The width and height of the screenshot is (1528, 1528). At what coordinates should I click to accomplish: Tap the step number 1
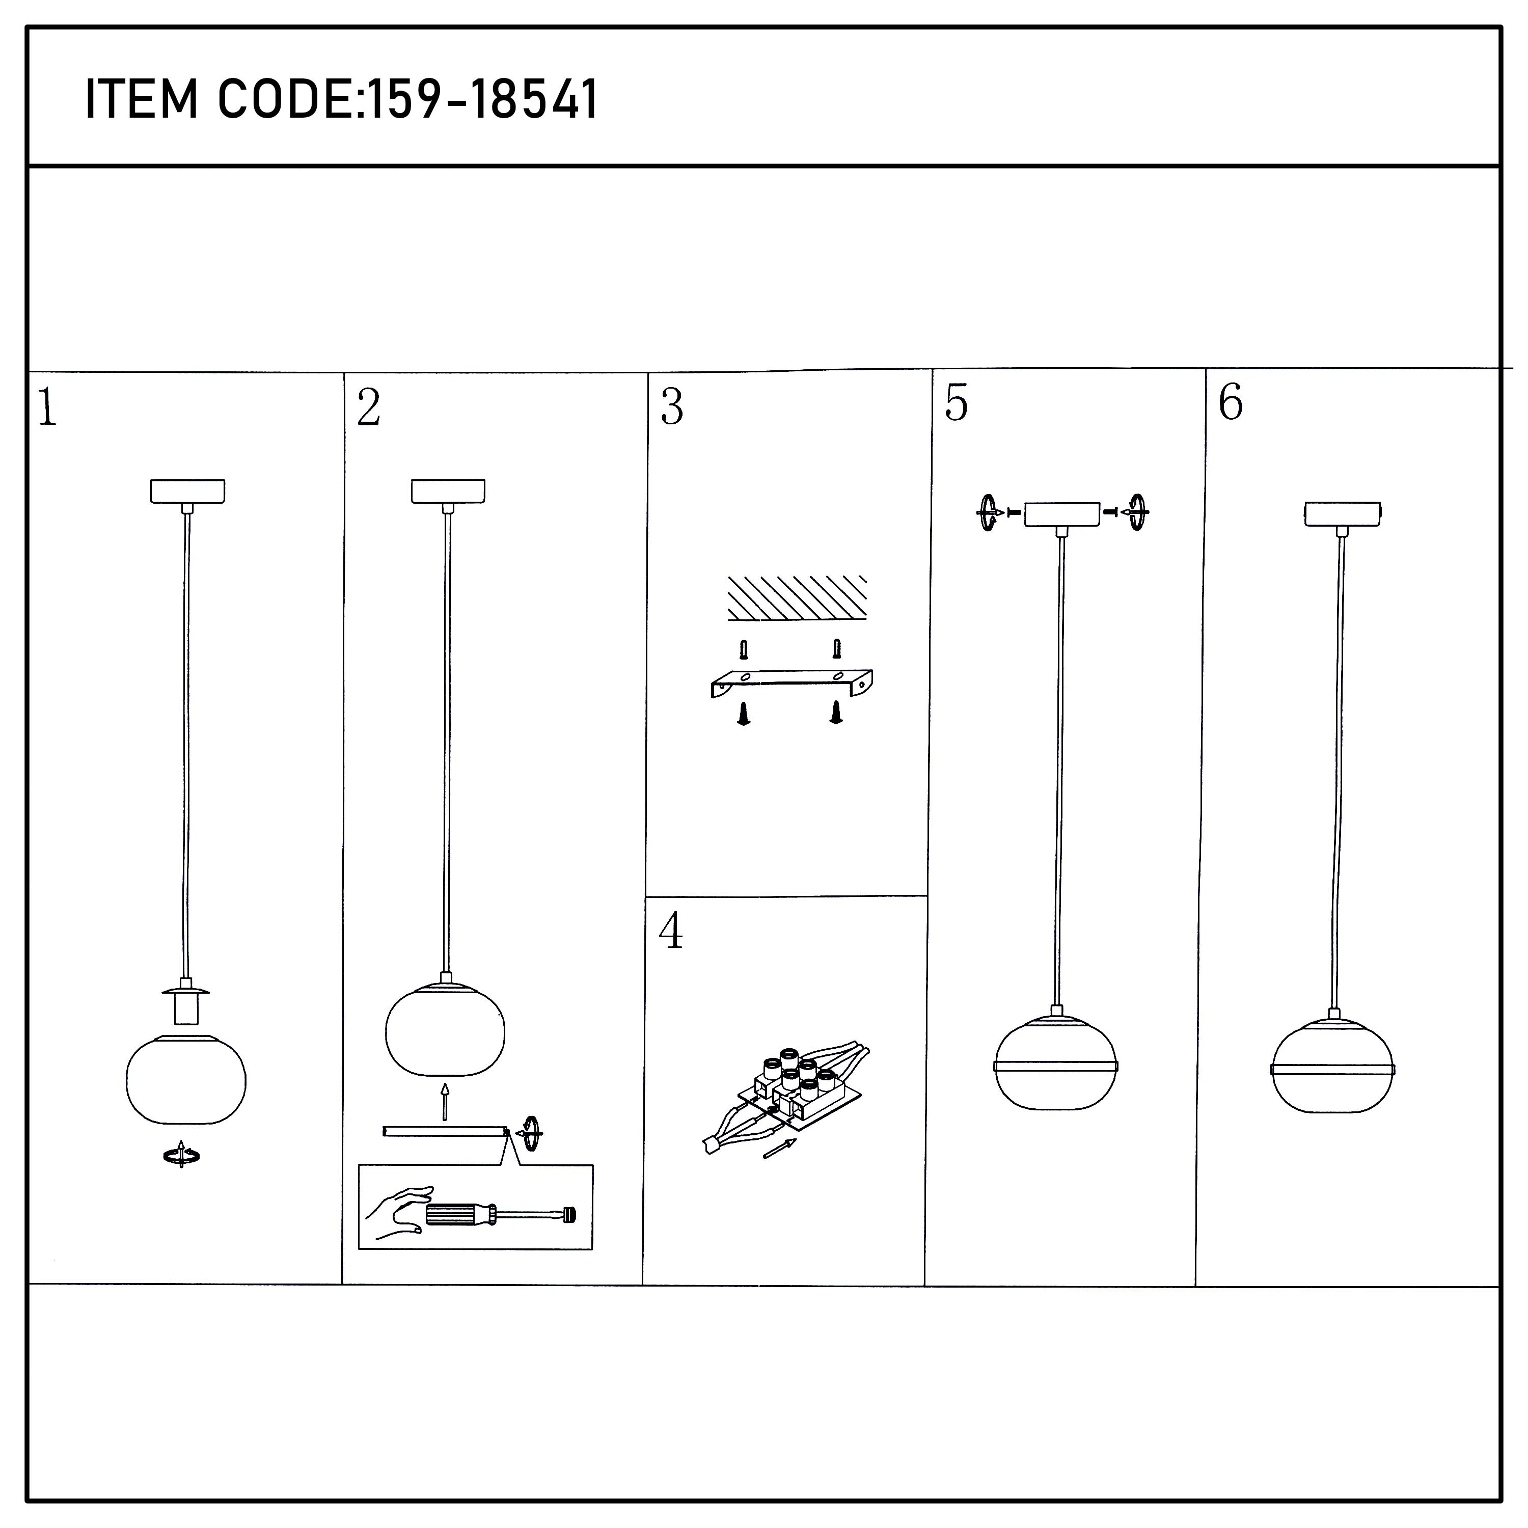coord(47,408)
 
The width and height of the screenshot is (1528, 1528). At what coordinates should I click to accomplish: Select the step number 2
coord(369,408)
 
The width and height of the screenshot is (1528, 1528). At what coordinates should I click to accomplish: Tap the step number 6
coord(1231,402)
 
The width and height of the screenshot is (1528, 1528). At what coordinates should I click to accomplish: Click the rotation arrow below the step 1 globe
coord(181,1156)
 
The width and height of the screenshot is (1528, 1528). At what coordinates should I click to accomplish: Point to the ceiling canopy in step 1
coord(187,491)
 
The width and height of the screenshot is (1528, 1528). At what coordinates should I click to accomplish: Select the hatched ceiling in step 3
coord(797,598)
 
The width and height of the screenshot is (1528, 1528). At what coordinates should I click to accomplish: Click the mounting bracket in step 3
coord(792,684)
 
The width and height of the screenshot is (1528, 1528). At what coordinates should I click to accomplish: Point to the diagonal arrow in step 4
coord(780,1149)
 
